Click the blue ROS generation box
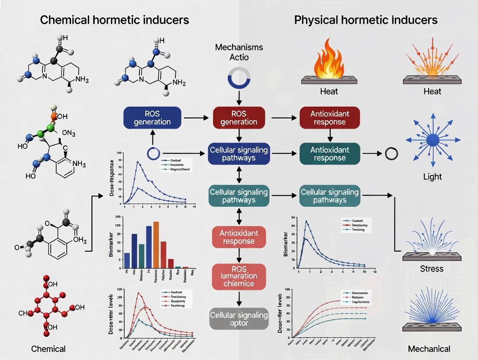coord(152,117)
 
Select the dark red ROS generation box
coord(239,117)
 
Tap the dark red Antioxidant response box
coord(329,117)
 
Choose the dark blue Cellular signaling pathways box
coord(239,154)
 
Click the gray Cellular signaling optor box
coord(239,319)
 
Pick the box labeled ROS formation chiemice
coord(239,276)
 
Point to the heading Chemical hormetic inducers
coord(114,20)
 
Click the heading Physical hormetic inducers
coord(365,20)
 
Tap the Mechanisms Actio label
coord(239,52)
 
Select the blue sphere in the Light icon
coord(433,140)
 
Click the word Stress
coord(432,269)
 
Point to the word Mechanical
coord(429,349)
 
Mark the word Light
coord(433,177)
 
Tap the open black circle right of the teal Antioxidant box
coord(391,154)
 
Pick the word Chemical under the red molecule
coord(48,349)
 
